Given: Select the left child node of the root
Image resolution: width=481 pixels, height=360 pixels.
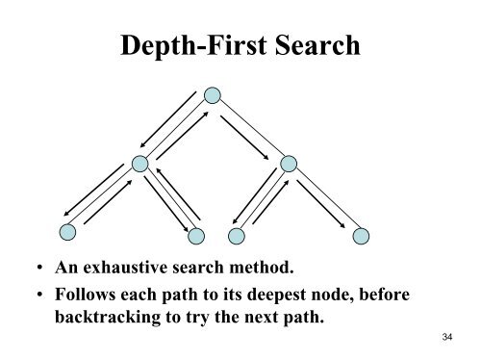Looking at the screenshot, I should pyautogui.click(x=141, y=164).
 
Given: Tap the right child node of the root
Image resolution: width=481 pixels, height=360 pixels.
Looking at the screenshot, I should pyautogui.click(x=286, y=164).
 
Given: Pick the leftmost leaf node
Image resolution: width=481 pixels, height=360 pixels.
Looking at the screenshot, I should pyautogui.click(x=68, y=232).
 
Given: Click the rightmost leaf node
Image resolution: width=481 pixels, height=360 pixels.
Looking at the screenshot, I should pyautogui.click(x=361, y=234).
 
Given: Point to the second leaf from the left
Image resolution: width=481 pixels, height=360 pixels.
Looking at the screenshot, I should pyautogui.click(x=196, y=234).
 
